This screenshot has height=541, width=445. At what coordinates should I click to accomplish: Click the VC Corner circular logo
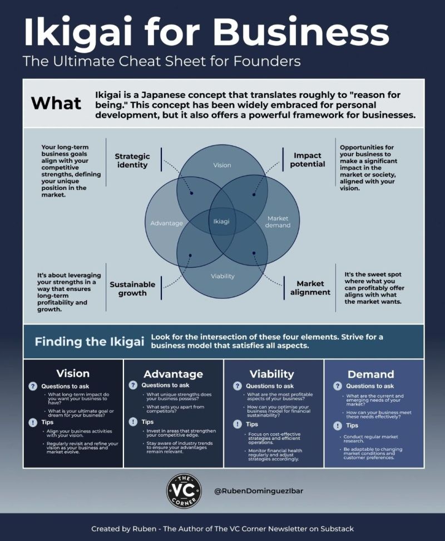point(184,490)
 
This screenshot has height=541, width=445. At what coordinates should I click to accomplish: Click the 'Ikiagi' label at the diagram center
point(221,221)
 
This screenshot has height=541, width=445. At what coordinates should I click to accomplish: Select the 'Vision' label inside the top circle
point(222,165)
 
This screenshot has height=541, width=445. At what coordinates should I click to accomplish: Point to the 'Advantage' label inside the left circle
point(166,223)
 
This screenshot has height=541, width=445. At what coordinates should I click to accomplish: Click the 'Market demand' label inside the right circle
point(278,222)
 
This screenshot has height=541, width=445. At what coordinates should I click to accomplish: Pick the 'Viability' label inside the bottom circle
point(222,276)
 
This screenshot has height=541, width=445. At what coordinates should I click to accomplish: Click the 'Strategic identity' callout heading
point(132,161)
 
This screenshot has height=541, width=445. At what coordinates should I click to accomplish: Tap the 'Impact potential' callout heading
point(308,160)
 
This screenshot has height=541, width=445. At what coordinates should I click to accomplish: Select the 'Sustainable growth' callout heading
point(132,289)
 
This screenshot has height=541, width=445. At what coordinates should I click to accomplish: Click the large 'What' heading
point(56,103)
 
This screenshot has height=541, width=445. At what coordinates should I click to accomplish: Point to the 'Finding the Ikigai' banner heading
point(90,341)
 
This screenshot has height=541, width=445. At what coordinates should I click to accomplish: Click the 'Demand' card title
point(371,374)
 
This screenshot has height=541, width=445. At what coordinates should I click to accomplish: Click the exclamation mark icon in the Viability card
point(238,424)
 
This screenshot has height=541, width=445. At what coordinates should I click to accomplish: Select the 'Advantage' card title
point(173,374)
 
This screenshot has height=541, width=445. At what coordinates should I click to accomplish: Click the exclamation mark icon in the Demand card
point(337,425)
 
